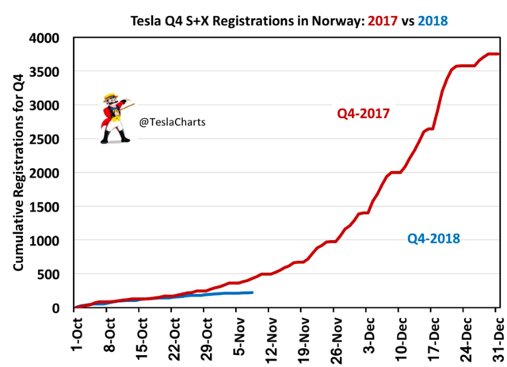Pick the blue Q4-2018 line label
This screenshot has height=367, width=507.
[x=433, y=237]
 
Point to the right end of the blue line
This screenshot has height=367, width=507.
[x=252, y=292]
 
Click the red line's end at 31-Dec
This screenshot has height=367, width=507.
[x=497, y=54]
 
